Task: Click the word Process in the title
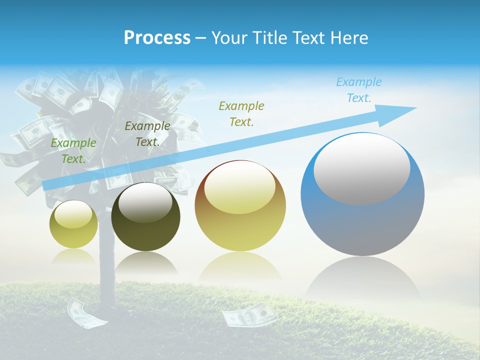[x=157, y=37]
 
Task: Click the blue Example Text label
[x=358, y=90]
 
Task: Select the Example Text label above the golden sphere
[x=241, y=113]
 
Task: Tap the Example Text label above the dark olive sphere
[x=147, y=133]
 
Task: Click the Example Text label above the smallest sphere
[x=73, y=150]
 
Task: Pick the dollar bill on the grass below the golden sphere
[x=248, y=315]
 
